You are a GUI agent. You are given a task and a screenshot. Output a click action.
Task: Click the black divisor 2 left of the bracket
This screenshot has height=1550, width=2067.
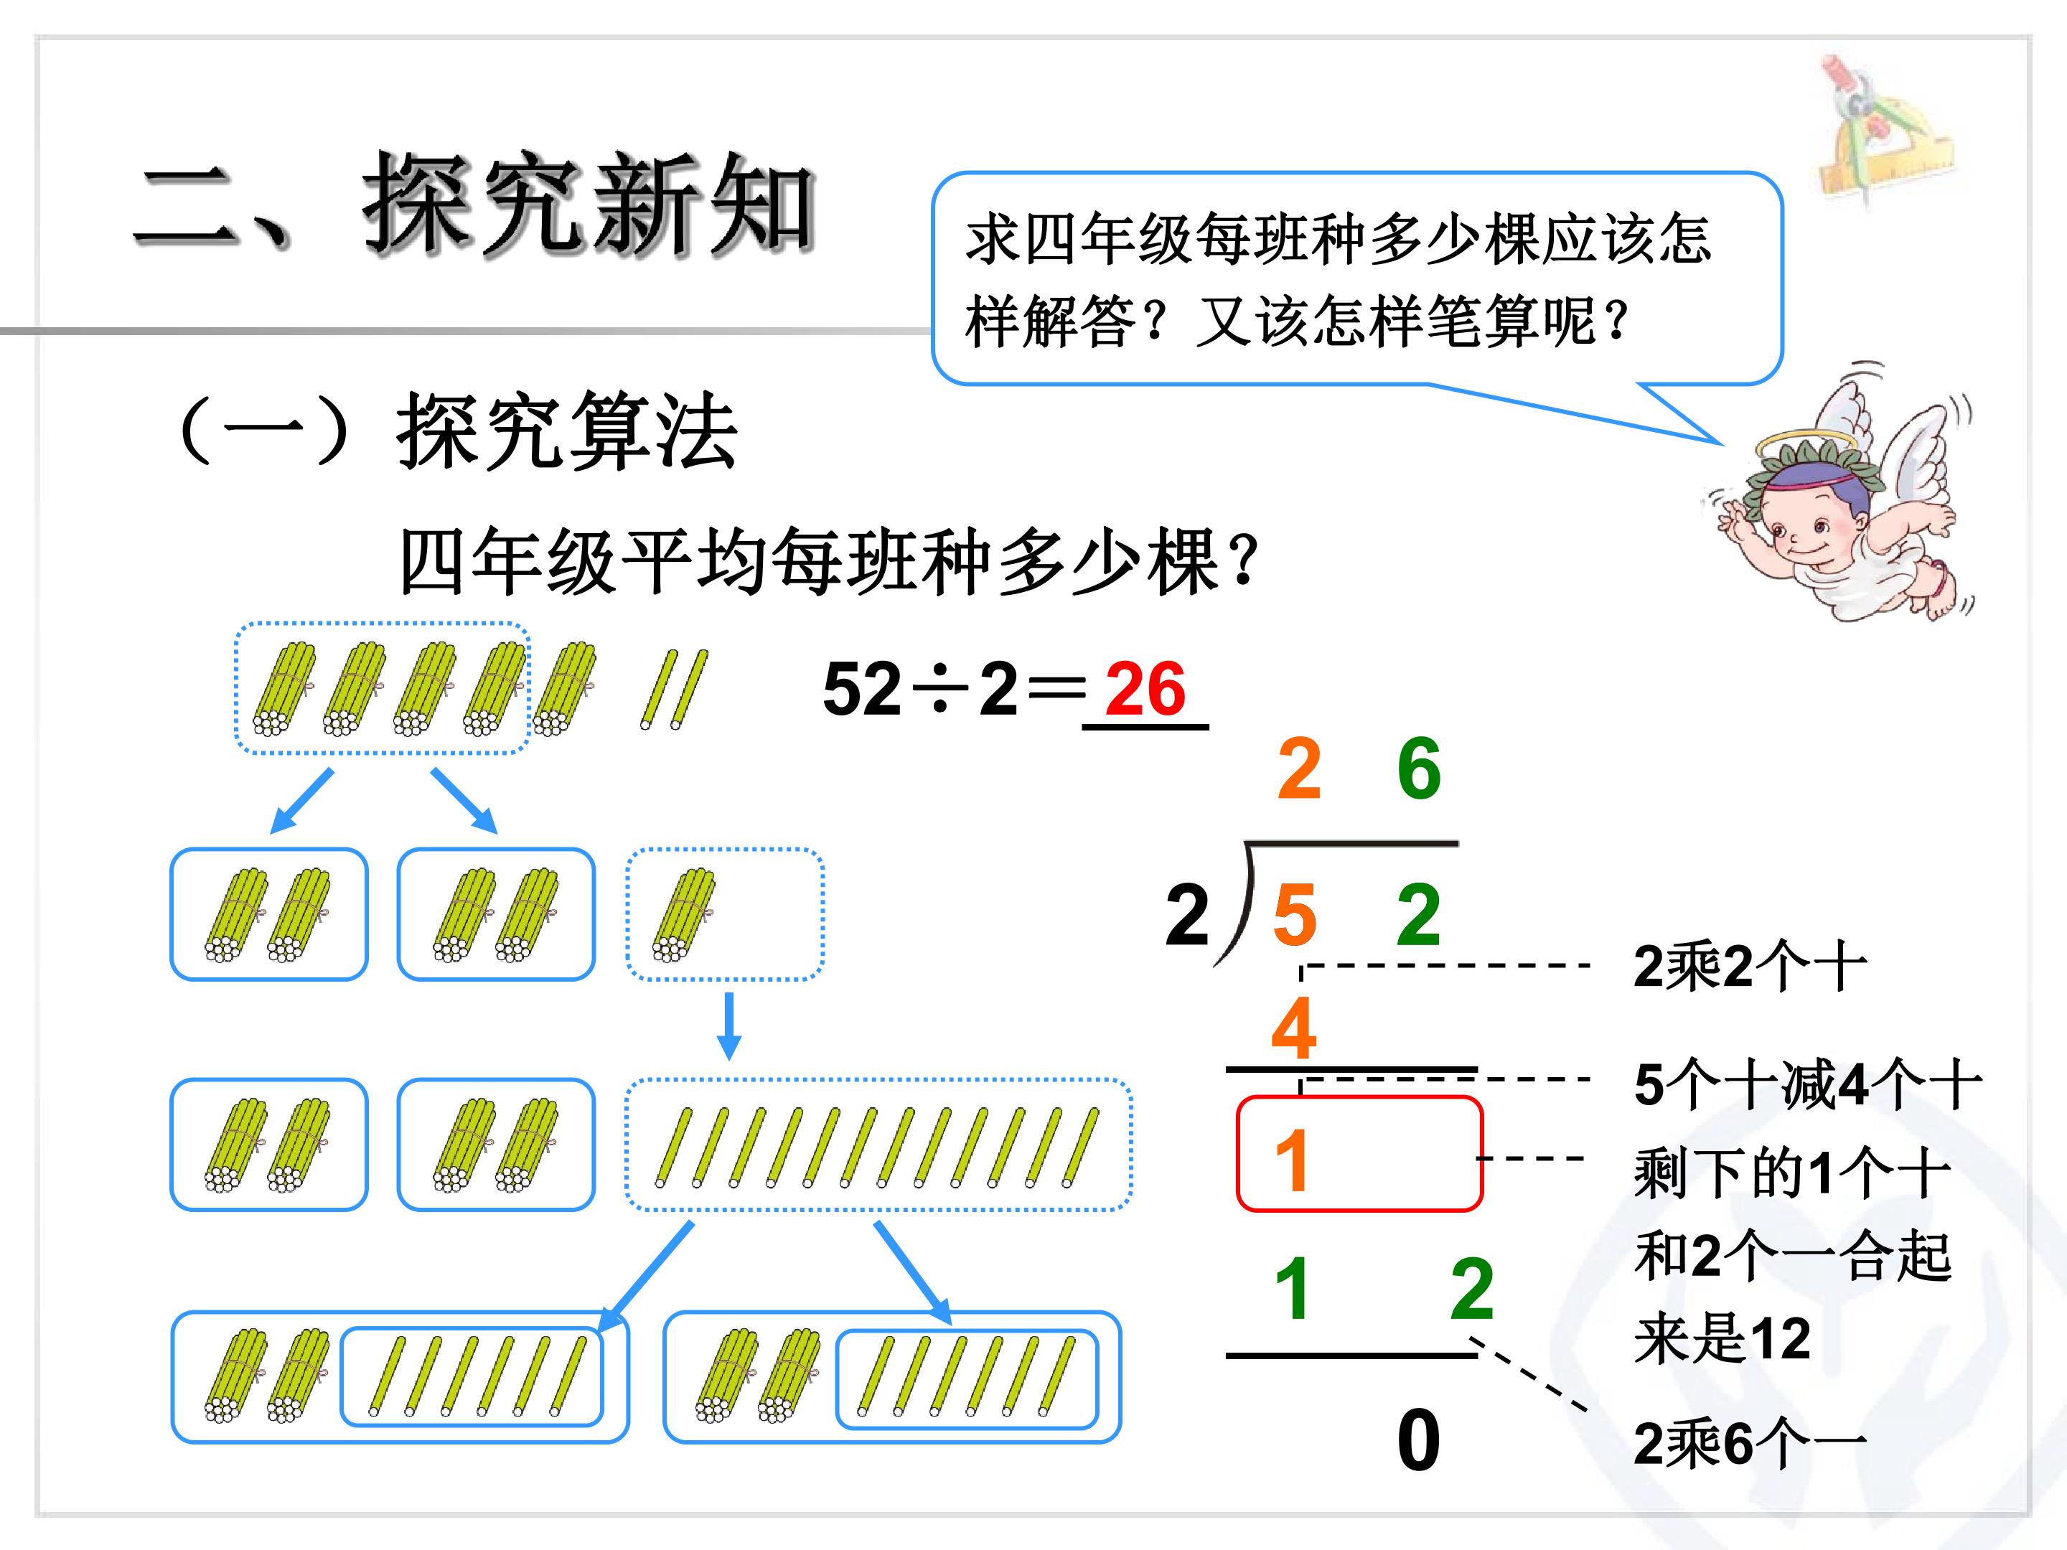1187,915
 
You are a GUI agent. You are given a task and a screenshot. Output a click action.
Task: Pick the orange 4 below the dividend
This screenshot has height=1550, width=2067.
1294,1028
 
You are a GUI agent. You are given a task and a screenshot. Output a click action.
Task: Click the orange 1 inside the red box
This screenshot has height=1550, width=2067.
1291,1160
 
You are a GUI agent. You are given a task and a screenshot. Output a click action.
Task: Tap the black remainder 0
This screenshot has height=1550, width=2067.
1417,1442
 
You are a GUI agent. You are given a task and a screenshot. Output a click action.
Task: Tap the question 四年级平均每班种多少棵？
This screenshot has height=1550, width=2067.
829,563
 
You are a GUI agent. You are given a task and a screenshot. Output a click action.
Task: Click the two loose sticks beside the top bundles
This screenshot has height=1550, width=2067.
674,690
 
